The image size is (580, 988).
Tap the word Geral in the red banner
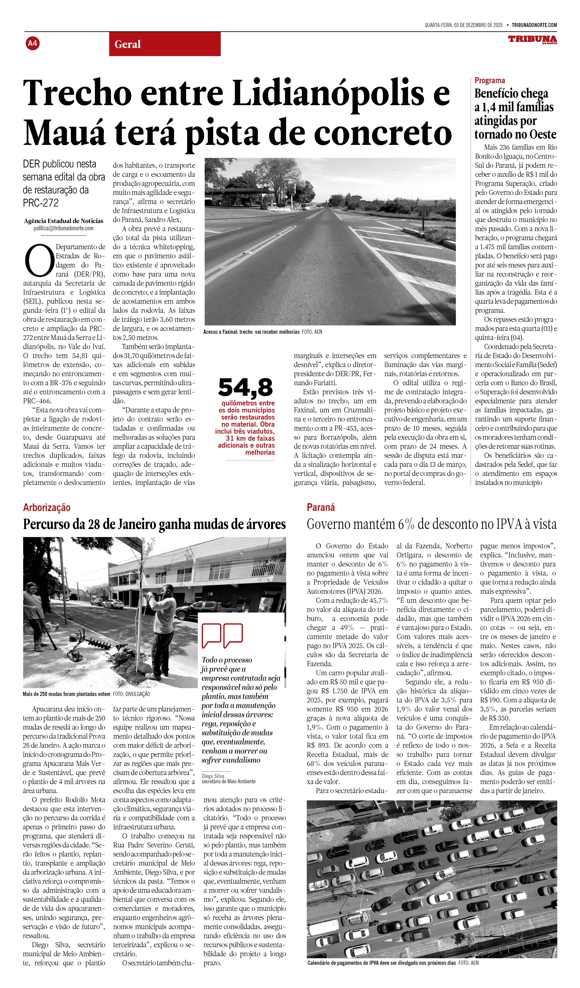[127, 44]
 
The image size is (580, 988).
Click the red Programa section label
[489, 80]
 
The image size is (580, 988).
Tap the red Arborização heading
[47, 507]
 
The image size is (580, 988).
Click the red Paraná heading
[321, 507]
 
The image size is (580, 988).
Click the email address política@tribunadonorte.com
[64, 228]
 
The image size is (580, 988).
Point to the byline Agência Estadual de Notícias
[64, 221]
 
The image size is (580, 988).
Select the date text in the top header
[463, 25]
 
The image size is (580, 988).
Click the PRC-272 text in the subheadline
[41, 203]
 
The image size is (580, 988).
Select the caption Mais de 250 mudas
[66, 694]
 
